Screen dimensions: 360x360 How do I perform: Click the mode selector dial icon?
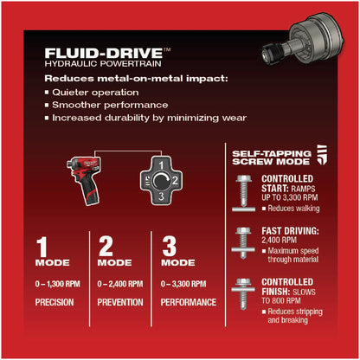165,177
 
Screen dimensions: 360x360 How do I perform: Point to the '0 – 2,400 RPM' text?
122,284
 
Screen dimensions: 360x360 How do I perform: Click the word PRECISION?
55,303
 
